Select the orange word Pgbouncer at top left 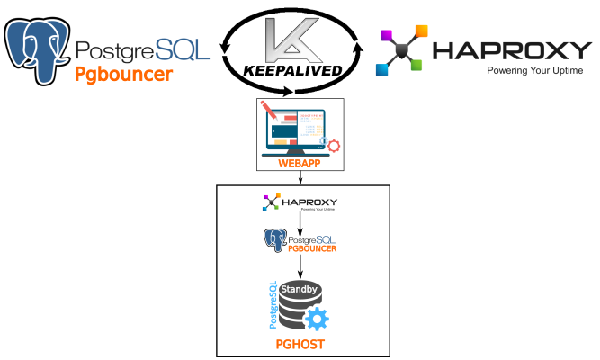[x=123, y=75]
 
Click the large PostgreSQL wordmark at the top [x=144, y=49]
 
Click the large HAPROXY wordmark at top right [x=511, y=50]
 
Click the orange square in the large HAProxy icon [x=421, y=31]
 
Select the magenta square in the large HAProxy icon [x=386, y=35]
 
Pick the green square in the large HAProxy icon [x=416, y=65]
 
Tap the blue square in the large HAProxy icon [x=381, y=69]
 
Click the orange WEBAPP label [x=300, y=163]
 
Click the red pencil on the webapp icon [x=268, y=112]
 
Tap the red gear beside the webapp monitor [x=334, y=146]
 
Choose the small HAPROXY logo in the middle [x=300, y=202]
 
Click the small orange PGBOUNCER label [x=312, y=247]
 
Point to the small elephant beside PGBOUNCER [x=274, y=240]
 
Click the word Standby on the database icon [x=300, y=290]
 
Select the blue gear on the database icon [x=316, y=319]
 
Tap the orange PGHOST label [x=300, y=345]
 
